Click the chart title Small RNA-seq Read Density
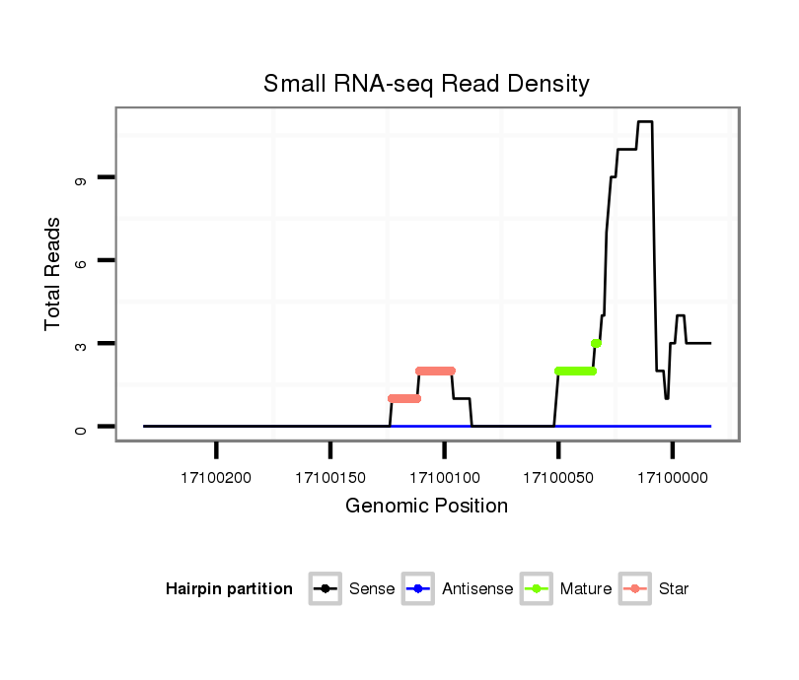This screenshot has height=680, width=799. [x=426, y=84]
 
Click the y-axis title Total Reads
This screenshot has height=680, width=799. [x=53, y=274]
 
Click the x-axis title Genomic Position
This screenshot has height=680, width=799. [x=426, y=507]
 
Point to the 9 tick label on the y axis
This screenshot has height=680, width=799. [x=80, y=177]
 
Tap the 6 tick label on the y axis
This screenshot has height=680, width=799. [x=80, y=260]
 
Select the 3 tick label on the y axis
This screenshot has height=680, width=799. [x=80, y=344]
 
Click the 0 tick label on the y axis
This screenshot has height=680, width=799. [x=80, y=427]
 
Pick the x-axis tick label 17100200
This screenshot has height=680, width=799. [x=216, y=478]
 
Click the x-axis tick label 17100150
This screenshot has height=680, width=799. [x=330, y=478]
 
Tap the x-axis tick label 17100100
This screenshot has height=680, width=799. [x=444, y=478]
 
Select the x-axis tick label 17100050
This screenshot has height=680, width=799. [x=558, y=478]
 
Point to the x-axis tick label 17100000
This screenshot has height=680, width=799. [x=672, y=478]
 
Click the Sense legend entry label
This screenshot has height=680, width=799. [x=372, y=589]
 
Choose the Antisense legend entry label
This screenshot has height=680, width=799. [x=477, y=589]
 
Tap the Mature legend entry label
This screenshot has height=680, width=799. [x=586, y=589]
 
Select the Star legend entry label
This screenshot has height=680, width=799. [x=674, y=589]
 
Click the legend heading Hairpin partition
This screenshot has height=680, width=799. [x=229, y=589]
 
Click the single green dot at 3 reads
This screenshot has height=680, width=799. [x=596, y=343]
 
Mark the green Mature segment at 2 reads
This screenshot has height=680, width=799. [x=576, y=371]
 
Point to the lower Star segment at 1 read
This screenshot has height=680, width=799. [x=404, y=398]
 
